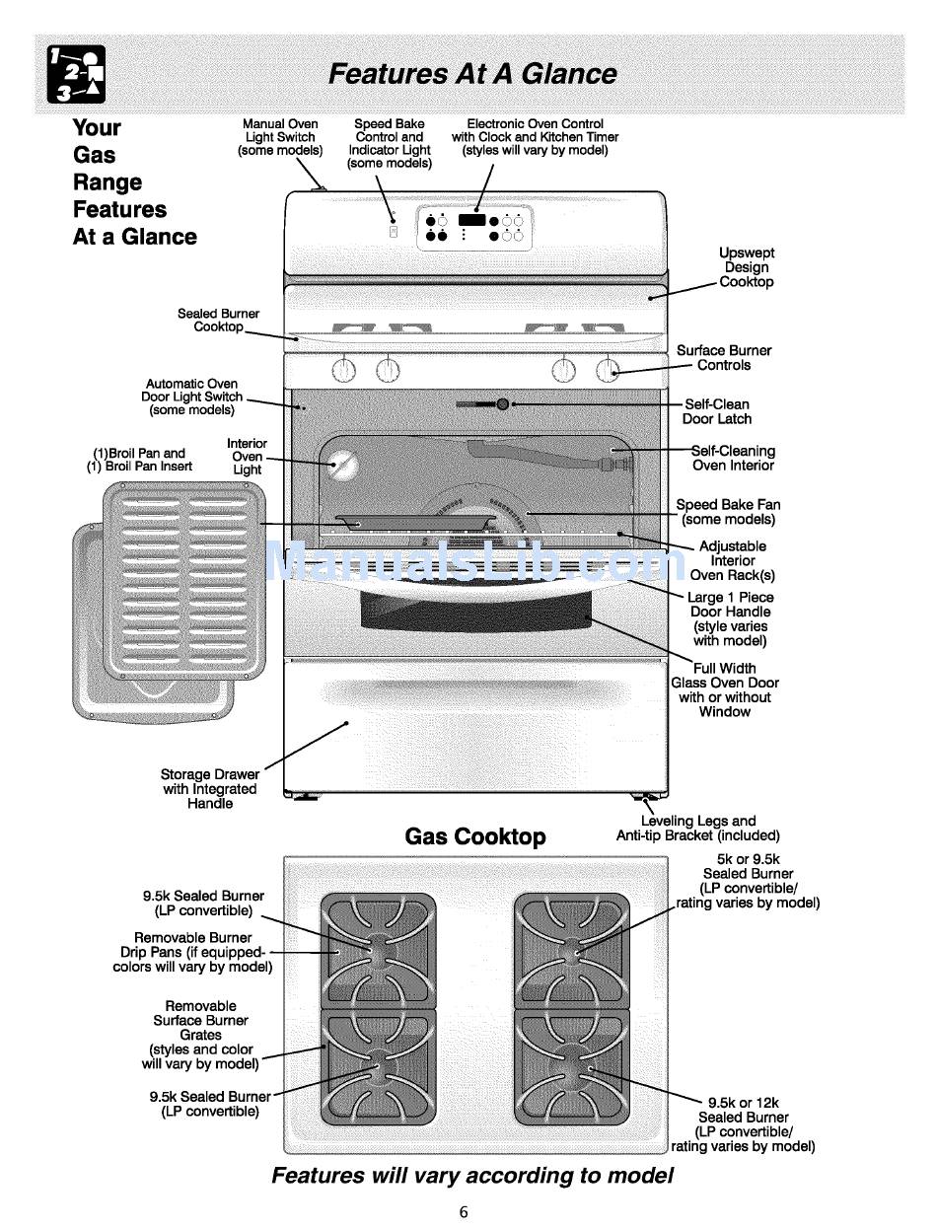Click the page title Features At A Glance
point(472,74)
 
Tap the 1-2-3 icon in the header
point(77,75)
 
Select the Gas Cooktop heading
point(475,836)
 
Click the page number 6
point(464,1212)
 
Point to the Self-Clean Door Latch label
point(717,411)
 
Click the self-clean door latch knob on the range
point(502,404)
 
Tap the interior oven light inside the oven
point(342,466)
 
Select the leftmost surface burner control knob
point(343,370)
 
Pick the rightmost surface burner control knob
point(608,370)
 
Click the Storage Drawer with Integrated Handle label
point(210,789)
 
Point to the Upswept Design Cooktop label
point(747,267)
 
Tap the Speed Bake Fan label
point(728,512)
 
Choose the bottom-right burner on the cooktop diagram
point(572,1068)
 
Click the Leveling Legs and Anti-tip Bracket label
point(698,828)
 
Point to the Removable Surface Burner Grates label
point(201,1035)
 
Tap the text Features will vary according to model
point(472,1176)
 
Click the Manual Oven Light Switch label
point(280,137)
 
